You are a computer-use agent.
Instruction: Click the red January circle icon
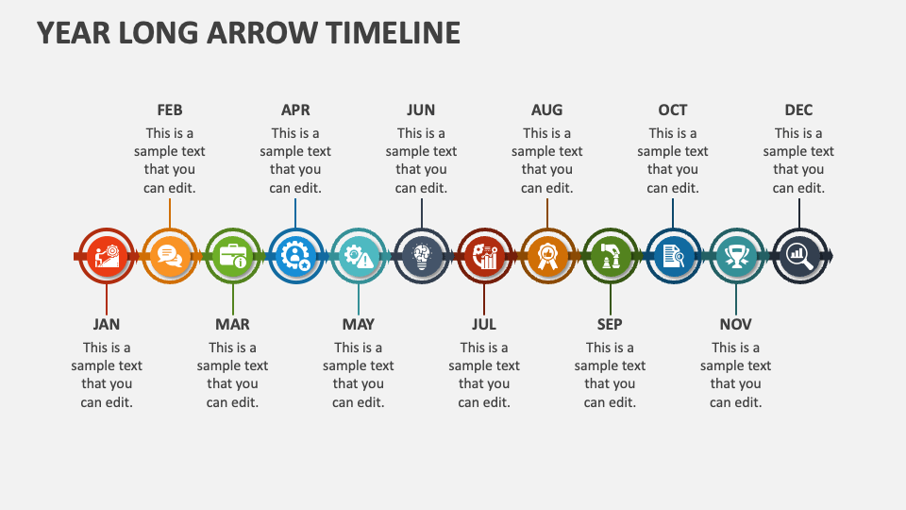click(x=107, y=255)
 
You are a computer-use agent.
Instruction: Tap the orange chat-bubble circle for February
click(x=170, y=255)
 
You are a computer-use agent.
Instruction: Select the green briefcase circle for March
click(x=232, y=255)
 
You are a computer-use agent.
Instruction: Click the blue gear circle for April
click(x=295, y=255)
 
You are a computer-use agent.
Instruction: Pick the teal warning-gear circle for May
click(x=359, y=255)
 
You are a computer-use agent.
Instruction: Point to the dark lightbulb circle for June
click(x=421, y=255)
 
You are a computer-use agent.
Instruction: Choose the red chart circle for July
click(x=484, y=255)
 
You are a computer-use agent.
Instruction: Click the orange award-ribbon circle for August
click(x=547, y=255)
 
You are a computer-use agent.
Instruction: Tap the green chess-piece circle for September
click(x=610, y=255)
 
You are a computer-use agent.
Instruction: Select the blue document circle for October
click(x=673, y=255)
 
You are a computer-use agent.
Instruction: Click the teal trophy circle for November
click(x=736, y=255)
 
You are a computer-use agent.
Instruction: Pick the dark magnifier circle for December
click(x=798, y=255)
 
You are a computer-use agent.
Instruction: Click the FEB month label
click(x=170, y=110)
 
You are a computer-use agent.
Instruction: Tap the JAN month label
click(x=107, y=324)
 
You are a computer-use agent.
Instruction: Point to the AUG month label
click(x=547, y=110)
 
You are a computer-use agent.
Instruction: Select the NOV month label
click(x=736, y=324)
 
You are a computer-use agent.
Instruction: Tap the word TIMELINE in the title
click(x=394, y=33)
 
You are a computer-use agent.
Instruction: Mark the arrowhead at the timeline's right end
click(x=830, y=256)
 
